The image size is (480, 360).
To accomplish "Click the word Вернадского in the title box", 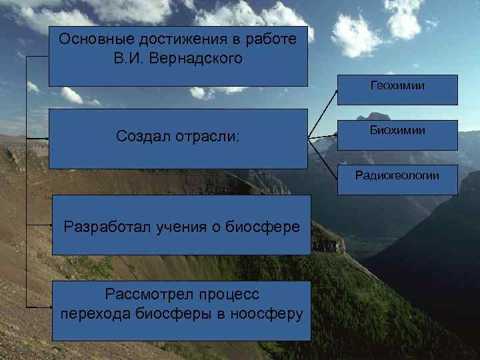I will click(x=203, y=58).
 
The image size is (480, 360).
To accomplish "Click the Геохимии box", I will click(x=397, y=86).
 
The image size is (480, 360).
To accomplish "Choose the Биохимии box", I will click(x=397, y=131).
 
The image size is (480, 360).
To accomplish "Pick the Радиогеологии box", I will click(x=397, y=176).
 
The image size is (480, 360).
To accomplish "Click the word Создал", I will click(x=143, y=137).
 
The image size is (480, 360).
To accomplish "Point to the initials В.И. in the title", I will click(x=129, y=58).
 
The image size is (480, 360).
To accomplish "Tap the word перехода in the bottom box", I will click(x=89, y=314).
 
